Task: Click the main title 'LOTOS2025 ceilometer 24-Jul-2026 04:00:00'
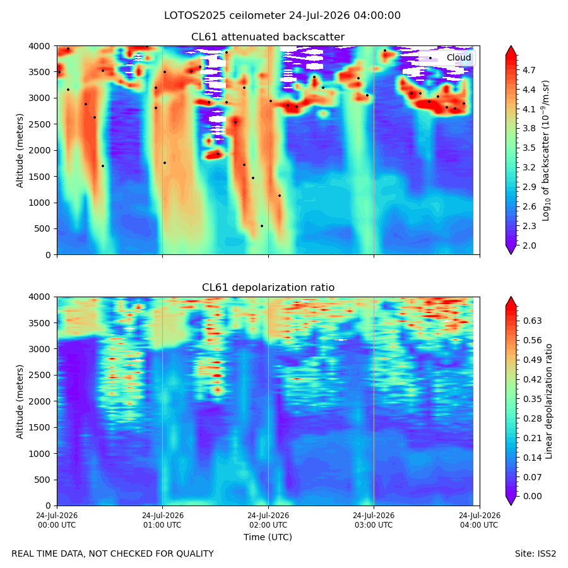282,16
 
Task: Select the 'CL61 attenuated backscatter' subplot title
268,37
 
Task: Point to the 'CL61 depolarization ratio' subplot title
268,288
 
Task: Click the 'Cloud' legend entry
459,57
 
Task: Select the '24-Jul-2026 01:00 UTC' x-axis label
163,520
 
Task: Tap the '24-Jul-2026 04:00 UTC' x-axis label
480,520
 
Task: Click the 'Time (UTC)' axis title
268,537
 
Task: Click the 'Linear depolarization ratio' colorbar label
548,401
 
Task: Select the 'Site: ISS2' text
535,554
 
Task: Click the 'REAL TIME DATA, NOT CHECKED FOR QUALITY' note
113,554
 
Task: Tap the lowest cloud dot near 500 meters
262,226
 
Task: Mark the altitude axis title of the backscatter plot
20,150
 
